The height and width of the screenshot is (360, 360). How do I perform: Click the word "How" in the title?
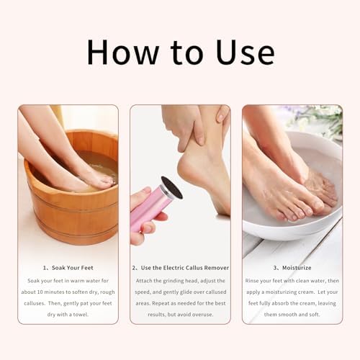tap(119, 53)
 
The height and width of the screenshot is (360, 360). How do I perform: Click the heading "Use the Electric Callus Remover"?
tap(184, 267)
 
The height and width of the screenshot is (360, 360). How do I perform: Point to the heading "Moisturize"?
tap(297, 267)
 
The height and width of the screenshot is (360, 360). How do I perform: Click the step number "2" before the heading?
tap(135, 267)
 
